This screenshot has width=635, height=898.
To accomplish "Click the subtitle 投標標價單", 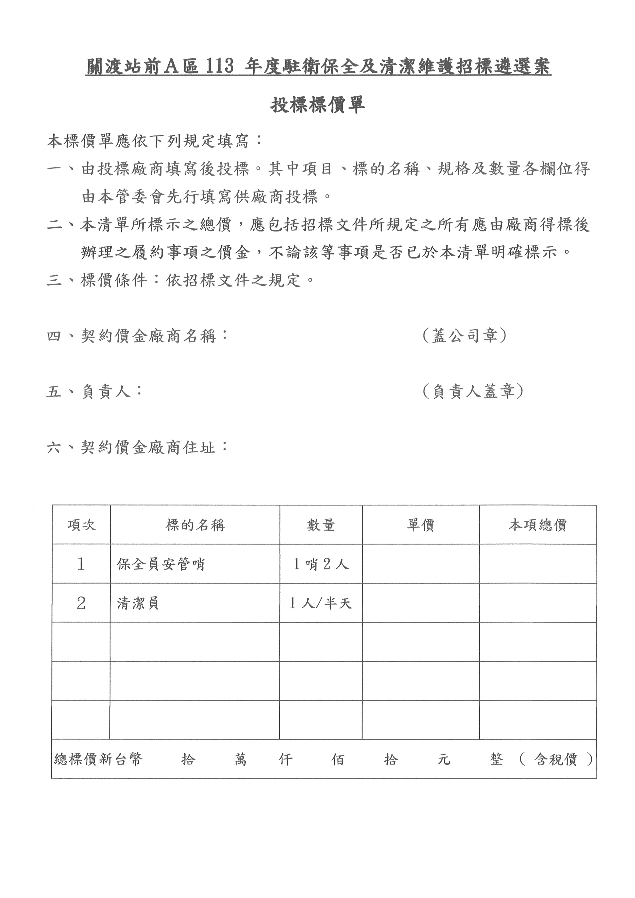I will coord(317,105).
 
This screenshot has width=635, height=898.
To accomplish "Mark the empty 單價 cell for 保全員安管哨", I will coord(421,564).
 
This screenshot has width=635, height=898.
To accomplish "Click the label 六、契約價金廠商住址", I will coord(137,447).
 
